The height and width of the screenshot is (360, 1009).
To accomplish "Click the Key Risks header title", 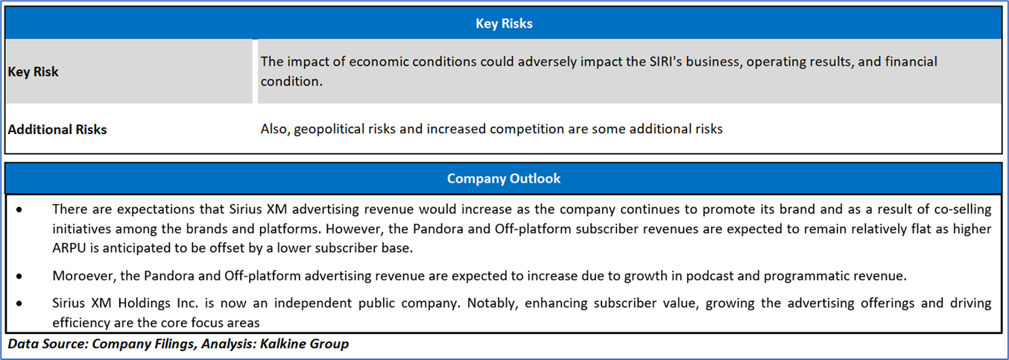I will tap(504, 24).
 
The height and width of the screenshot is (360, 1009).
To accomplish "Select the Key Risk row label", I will tap(34, 72).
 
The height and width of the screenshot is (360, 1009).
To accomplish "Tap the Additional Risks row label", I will tap(57, 130).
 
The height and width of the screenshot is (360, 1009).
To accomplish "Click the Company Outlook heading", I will tap(504, 179).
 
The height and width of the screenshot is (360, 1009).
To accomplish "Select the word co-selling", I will tap(962, 209).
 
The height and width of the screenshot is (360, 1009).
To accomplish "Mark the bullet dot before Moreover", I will tap(19, 277).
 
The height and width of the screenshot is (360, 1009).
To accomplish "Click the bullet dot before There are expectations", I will tap(19, 210).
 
